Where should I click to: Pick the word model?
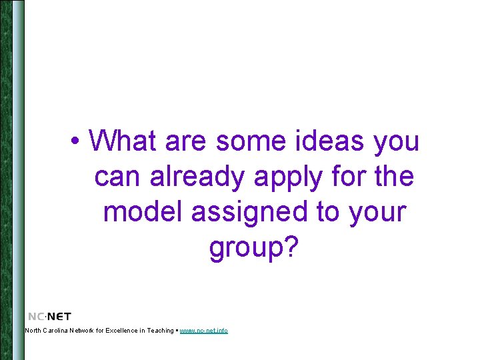pos(143,212)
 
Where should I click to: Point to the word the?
pos(395,177)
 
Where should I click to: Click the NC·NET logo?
pos(49,316)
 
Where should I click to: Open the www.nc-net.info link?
pos(203,331)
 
